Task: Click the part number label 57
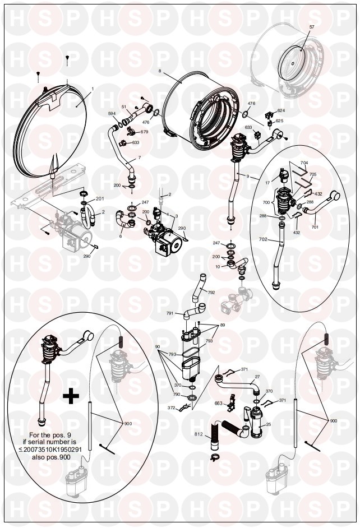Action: (312, 27)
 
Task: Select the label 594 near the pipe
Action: (112, 113)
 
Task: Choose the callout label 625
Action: (279, 121)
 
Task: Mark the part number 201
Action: (100, 199)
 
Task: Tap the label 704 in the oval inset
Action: (304, 163)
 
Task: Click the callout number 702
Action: (263, 240)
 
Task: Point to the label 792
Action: (211, 293)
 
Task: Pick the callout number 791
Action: (169, 314)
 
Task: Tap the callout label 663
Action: (218, 402)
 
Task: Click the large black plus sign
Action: (70, 396)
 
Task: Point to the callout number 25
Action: (268, 424)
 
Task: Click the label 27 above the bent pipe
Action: (257, 377)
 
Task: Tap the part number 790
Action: (176, 395)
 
